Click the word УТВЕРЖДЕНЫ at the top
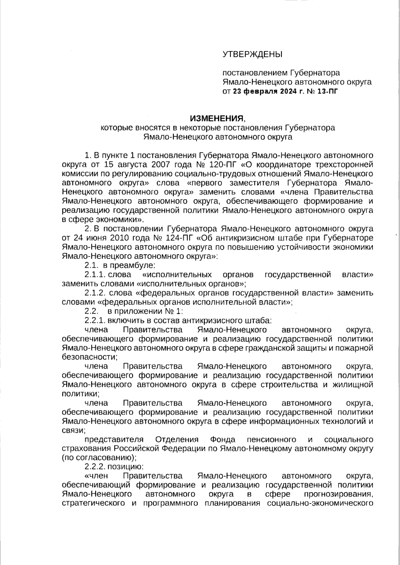252,54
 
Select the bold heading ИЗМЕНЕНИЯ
217,118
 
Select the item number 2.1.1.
95,275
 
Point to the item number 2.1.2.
95,293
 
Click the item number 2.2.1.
95,321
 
